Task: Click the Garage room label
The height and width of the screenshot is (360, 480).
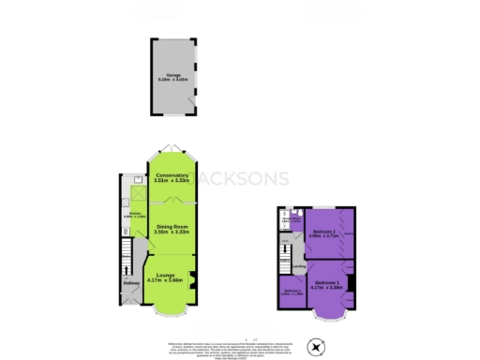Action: tap(172, 76)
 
